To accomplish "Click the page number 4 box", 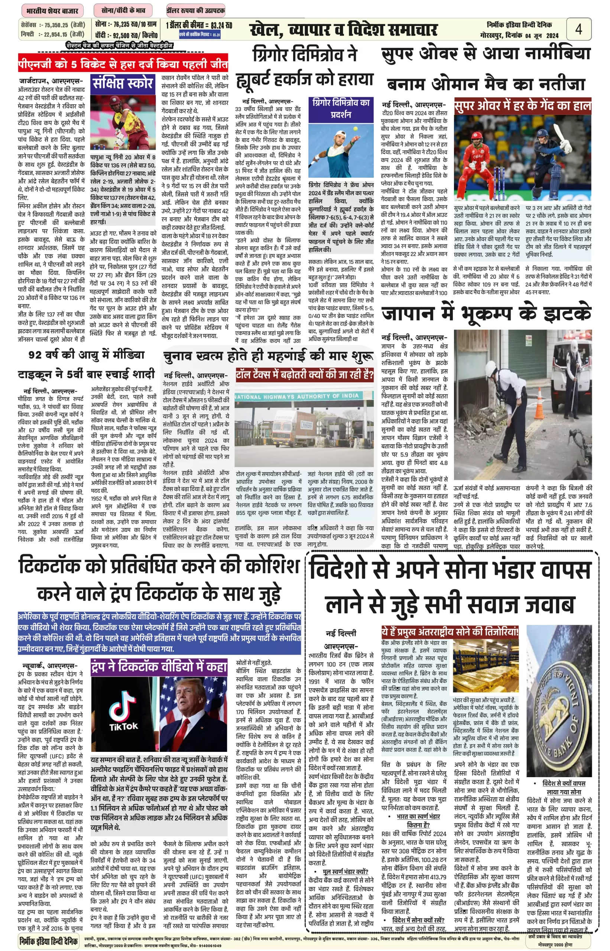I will (x=578, y=29).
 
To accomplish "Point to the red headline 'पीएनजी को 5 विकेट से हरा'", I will (x=123, y=64).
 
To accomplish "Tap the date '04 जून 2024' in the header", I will (x=542, y=36).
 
